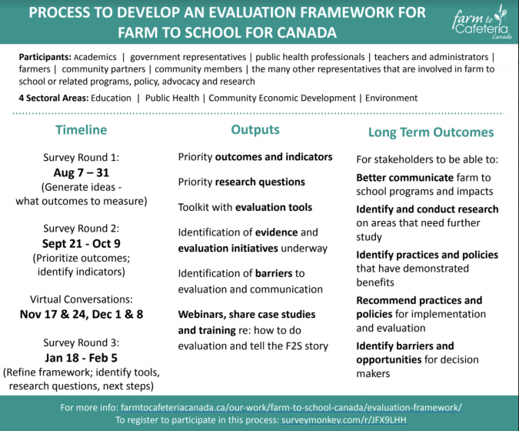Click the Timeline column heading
coord(81,130)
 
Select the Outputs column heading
coord(255,130)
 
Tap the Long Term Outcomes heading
coord(431,132)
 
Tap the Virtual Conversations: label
coord(81,299)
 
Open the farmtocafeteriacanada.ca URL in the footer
coord(291,407)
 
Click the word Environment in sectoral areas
coord(391,98)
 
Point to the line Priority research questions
coord(241,182)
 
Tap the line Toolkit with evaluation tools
coord(245,207)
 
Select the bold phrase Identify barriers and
coord(404,346)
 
